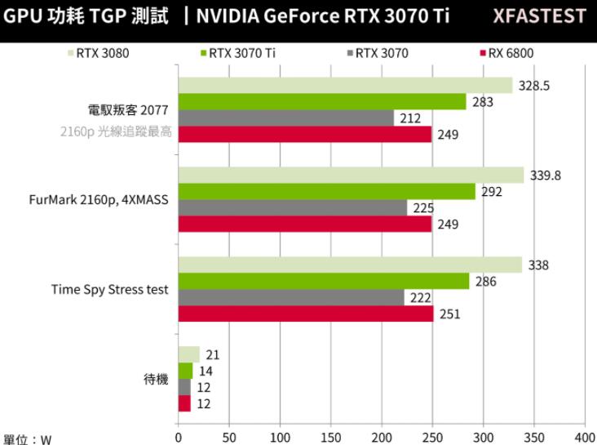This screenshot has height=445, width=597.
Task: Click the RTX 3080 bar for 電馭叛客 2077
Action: [345, 86]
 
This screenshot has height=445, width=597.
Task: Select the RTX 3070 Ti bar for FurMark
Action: [326, 192]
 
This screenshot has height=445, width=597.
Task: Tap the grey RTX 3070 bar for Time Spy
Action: [291, 298]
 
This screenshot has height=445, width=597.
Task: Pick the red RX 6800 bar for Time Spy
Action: [306, 314]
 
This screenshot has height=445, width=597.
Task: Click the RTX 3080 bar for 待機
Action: [188, 354]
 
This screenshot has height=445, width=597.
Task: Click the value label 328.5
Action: [535, 86]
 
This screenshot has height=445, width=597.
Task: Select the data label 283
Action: [483, 102]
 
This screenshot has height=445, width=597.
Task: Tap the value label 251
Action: [449, 314]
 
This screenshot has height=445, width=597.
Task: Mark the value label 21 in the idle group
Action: [212, 354]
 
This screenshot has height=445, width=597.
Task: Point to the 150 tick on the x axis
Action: [331, 436]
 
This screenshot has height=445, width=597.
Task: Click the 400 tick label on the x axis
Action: [584, 436]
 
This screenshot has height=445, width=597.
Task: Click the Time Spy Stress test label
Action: [109, 289]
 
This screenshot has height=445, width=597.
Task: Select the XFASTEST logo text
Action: [539, 16]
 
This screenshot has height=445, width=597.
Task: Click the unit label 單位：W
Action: [27, 438]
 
